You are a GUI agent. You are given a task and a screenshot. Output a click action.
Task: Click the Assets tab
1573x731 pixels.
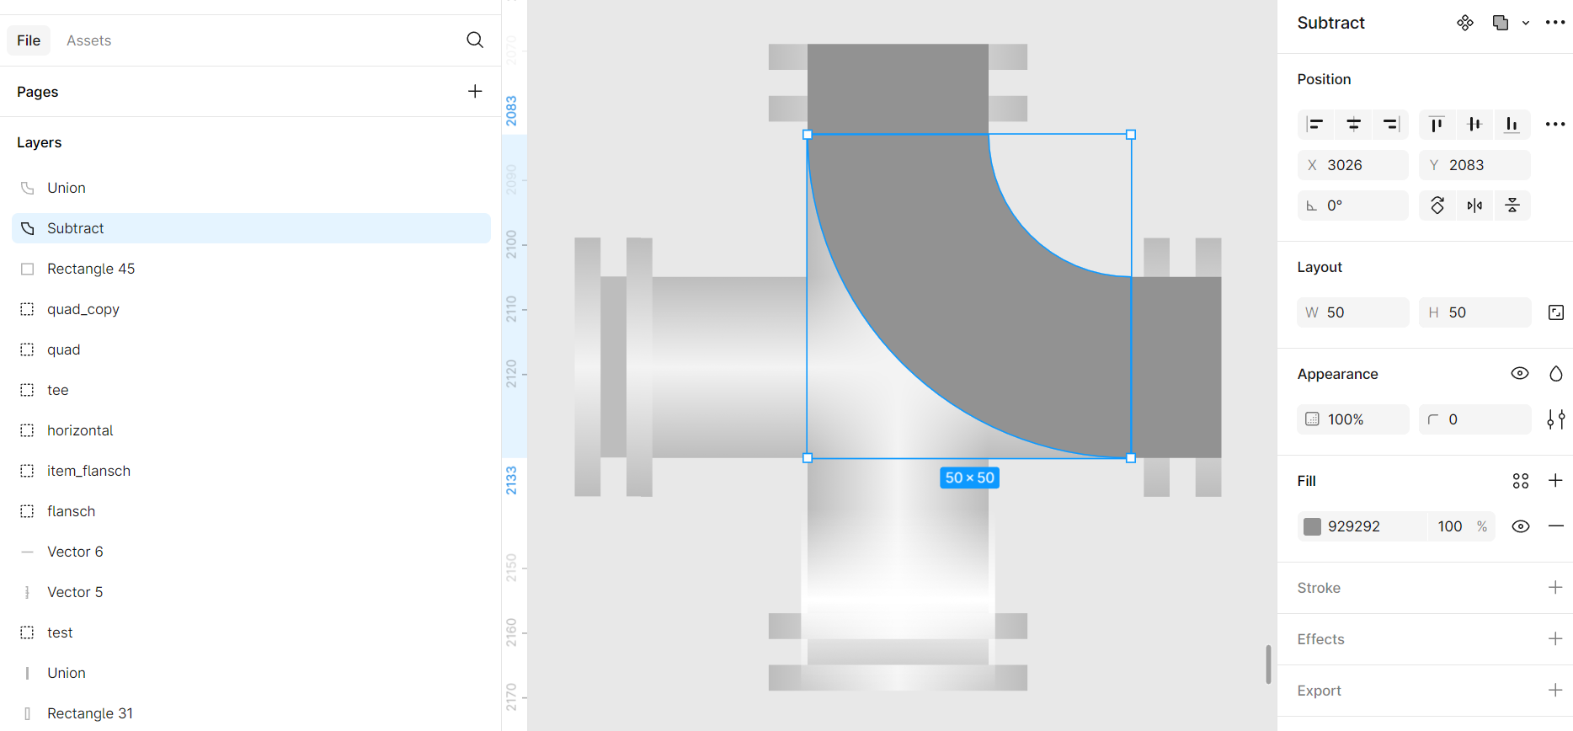[88, 40]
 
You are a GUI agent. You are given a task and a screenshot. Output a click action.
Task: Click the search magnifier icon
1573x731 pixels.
[475, 40]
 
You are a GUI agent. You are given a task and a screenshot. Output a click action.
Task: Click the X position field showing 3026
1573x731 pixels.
[1352, 165]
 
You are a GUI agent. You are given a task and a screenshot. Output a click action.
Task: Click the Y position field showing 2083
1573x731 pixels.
[1474, 165]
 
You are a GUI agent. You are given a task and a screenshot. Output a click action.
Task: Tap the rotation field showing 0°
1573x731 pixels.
[1352, 205]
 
